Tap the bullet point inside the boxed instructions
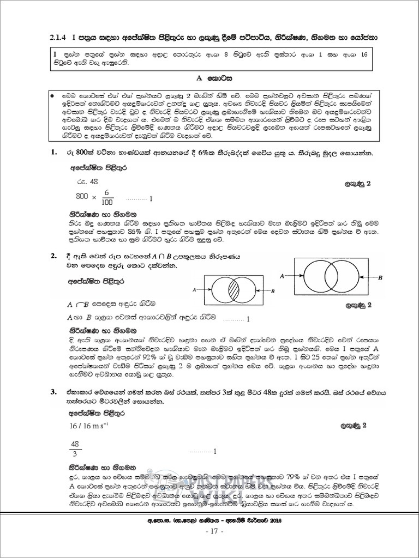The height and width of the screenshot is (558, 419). coord(52,95)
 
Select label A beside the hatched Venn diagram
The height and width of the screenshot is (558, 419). coord(195,291)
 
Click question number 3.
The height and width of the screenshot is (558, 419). coord(53,391)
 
